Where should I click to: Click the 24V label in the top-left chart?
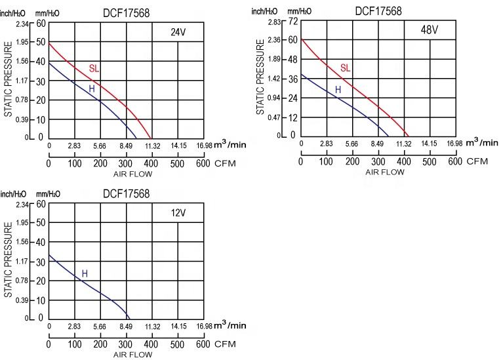coord(179,31)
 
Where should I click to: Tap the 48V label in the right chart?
coord(430,30)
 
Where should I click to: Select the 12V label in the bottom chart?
coord(178,212)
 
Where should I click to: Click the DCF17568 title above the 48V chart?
coord(378,11)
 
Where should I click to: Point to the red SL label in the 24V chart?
coord(94,68)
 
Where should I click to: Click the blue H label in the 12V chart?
coord(85,273)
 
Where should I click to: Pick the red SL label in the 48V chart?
coord(345,68)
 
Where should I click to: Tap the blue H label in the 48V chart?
coord(338,89)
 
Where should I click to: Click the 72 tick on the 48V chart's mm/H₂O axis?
coord(293,22)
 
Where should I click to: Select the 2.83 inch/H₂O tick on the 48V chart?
coord(275,22)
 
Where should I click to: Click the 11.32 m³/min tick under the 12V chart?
coord(152,327)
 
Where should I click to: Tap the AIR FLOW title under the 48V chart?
coord(385,172)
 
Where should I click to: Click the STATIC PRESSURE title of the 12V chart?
coord(9,260)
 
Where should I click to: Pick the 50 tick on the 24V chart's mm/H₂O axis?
coord(41,43)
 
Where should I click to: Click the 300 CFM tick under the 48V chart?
coord(378,161)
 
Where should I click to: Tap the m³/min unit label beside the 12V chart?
coord(230,325)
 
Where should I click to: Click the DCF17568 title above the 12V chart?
coord(126,193)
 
